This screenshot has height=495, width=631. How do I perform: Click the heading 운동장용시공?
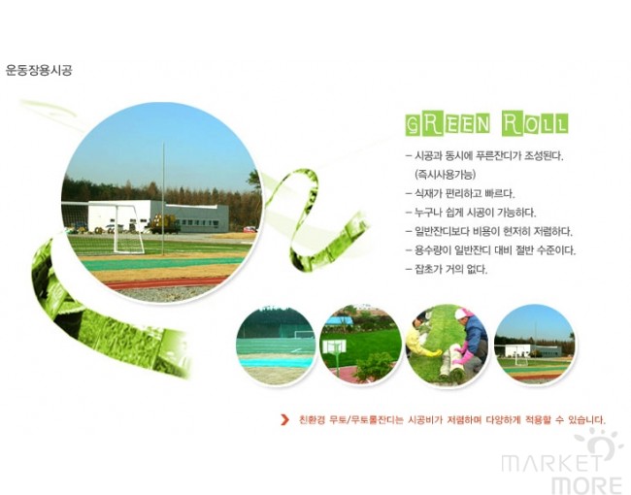[39, 70]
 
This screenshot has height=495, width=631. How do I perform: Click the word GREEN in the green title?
[448, 123]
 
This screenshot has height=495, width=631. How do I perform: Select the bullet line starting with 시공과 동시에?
[484, 155]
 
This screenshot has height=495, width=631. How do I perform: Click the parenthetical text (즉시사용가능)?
[445, 175]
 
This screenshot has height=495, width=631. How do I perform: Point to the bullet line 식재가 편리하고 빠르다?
[460, 193]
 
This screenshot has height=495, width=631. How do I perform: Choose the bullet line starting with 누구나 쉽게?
[471, 213]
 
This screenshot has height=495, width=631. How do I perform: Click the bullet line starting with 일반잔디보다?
[489, 231]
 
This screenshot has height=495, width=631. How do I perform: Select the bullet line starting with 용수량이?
[491, 250]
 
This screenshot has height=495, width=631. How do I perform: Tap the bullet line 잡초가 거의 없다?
[447, 269]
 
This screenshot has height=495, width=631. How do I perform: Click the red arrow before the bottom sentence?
[284, 419]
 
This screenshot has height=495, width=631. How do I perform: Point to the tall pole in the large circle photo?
[163, 198]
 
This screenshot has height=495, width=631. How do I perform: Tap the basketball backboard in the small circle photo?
[334, 347]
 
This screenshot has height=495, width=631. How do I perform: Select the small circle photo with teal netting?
[276, 346]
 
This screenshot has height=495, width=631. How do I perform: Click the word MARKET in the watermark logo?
[552, 463]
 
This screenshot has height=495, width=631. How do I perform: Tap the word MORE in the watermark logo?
[586, 485]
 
